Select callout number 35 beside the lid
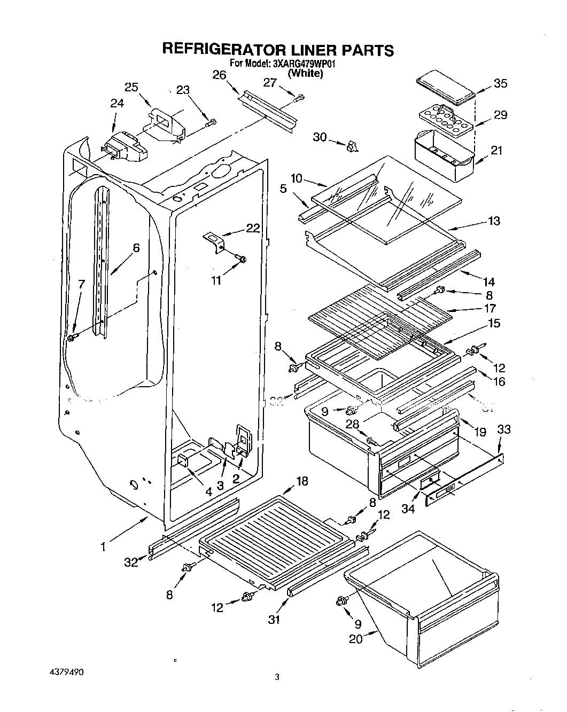(x=501, y=83)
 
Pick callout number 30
(x=320, y=137)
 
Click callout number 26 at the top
(x=219, y=75)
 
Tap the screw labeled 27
(x=300, y=97)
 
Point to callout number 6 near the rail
(x=136, y=248)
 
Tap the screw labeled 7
(x=73, y=337)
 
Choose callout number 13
(x=494, y=221)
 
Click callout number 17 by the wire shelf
(x=489, y=308)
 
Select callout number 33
(x=504, y=429)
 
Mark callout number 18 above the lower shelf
(x=302, y=482)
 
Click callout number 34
(x=408, y=509)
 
